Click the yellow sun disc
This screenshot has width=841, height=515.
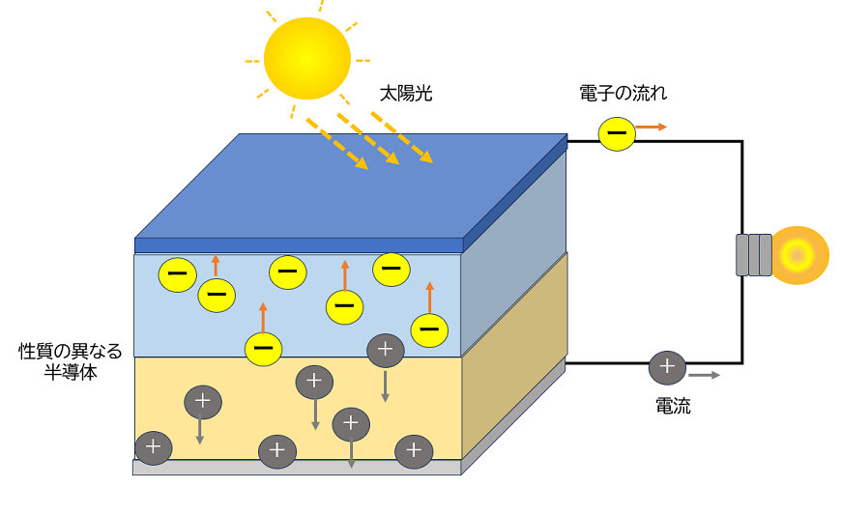click(306, 58)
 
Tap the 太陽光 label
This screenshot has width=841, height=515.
click(406, 94)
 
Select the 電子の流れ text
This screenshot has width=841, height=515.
click(623, 94)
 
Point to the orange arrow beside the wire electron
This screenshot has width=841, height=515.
click(652, 127)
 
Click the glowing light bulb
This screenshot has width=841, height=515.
click(798, 255)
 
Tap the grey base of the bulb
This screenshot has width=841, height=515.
click(754, 255)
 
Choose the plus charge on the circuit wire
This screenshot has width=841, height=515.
click(666, 367)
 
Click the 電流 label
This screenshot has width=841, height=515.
click(673, 407)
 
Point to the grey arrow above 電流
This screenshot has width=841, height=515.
click(704, 375)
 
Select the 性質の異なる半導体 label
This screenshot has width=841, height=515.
click(71, 361)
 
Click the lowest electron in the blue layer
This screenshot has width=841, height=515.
click(263, 349)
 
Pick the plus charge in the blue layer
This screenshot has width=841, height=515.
click(385, 350)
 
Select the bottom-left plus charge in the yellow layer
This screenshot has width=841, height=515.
click(153, 447)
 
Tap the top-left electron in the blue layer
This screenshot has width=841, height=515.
click(178, 274)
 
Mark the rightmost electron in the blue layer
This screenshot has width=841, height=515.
click(429, 329)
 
